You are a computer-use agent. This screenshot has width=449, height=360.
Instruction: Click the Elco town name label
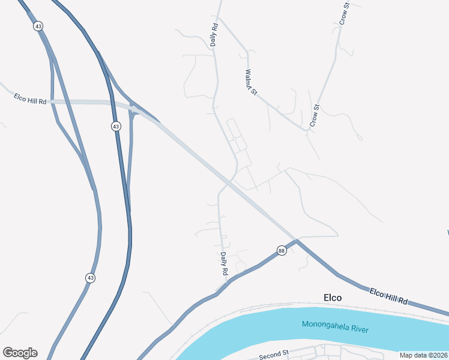[332, 298]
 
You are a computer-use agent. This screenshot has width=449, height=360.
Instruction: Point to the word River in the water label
[360, 329]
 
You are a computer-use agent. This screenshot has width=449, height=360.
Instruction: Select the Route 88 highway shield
[281, 251]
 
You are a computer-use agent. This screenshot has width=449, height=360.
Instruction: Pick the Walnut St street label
[252, 83]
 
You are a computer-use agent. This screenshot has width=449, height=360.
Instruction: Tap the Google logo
[20, 353]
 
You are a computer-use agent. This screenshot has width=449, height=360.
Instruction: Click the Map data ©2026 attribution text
[423, 355]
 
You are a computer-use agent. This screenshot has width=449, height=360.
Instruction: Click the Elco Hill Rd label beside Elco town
[388, 296]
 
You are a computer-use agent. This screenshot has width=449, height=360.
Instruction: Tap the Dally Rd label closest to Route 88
[223, 263]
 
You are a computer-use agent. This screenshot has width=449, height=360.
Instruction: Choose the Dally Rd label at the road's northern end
[214, 35]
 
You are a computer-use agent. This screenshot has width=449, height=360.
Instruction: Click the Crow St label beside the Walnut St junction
[314, 115]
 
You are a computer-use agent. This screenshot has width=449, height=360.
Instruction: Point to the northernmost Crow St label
[344, 14]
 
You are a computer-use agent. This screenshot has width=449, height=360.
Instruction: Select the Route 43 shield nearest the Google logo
[90, 278]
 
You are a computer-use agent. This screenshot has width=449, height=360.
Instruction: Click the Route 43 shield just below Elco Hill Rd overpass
[116, 126]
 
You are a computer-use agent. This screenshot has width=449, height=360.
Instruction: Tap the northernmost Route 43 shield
[38, 26]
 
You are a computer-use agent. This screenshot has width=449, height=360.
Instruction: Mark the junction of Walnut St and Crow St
[307, 130]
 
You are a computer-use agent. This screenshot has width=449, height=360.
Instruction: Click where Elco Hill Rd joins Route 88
[297, 241]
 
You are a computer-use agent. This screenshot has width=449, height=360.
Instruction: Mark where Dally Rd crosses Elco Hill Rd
[229, 183]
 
